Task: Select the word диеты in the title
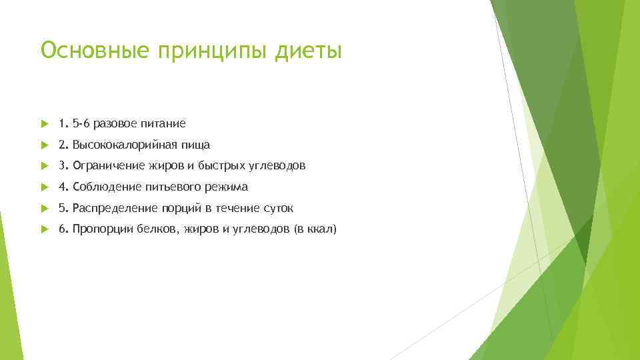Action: point(309,50)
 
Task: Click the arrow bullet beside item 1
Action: point(44,123)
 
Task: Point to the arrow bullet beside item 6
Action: point(44,229)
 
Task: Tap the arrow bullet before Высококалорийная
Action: point(44,145)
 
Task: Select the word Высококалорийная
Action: point(125,145)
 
